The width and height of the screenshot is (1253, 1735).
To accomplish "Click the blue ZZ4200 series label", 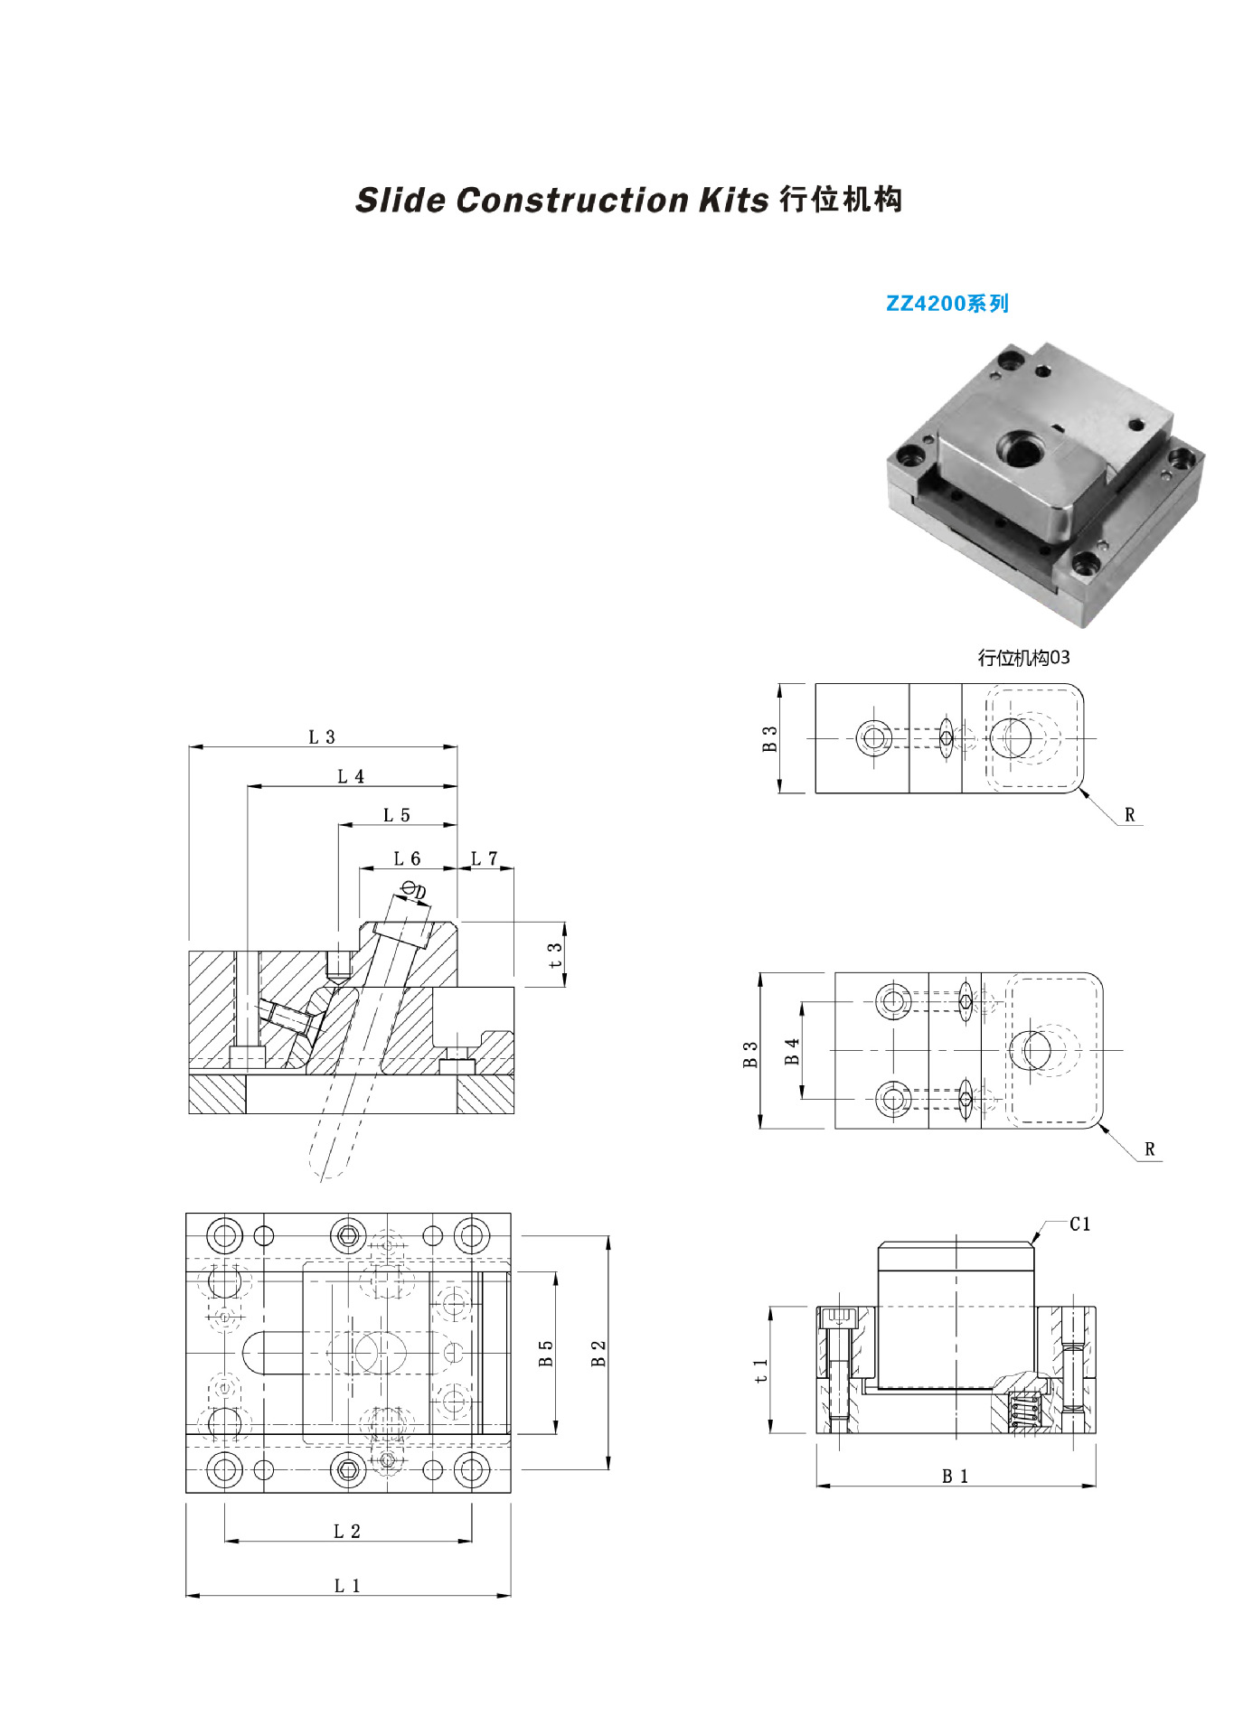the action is pyautogui.click(x=947, y=304).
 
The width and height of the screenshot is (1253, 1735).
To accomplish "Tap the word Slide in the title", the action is pyautogui.click(x=400, y=201).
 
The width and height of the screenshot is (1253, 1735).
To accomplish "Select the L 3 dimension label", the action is pyautogui.click(x=322, y=737).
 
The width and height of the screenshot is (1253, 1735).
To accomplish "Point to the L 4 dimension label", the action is pyautogui.click(x=351, y=776).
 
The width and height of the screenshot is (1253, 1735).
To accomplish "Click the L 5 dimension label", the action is pyautogui.click(x=396, y=815).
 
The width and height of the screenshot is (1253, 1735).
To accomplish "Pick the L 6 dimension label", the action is pyautogui.click(x=407, y=858).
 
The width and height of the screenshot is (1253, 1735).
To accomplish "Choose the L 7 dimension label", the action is pyautogui.click(x=485, y=858).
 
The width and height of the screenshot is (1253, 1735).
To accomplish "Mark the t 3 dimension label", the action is pyautogui.click(x=555, y=955).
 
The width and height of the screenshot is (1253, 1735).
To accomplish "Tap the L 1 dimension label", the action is pyautogui.click(x=347, y=1585).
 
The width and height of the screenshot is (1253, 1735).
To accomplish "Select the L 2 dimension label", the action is pyautogui.click(x=347, y=1531).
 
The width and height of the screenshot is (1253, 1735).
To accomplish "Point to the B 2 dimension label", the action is pyautogui.click(x=598, y=1353).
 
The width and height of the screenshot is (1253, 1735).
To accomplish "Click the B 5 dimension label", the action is pyautogui.click(x=546, y=1353).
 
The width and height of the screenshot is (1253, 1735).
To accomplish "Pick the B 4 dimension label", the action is pyautogui.click(x=793, y=1051).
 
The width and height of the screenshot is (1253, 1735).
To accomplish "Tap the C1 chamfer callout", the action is pyautogui.click(x=1080, y=1224).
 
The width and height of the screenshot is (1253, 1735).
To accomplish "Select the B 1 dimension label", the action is pyautogui.click(x=956, y=1477).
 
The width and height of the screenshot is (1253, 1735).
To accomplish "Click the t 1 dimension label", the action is pyautogui.click(x=761, y=1370).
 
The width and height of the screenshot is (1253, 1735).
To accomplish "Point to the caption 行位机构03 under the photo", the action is pyautogui.click(x=1023, y=658).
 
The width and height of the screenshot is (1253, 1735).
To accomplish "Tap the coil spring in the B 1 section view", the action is pyautogui.click(x=1023, y=1411).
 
